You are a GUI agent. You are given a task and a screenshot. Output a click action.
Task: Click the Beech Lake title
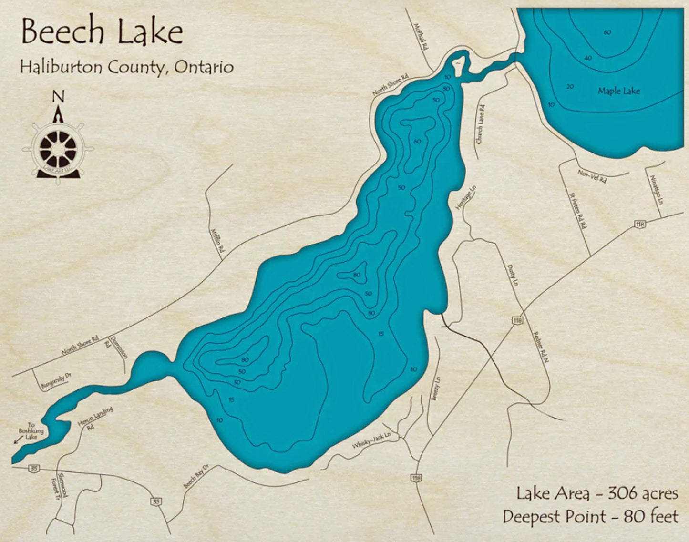[x=102, y=32]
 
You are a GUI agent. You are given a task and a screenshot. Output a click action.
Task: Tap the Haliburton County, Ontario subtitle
[x=126, y=67]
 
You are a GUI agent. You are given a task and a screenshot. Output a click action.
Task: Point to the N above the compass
[x=58, y=97]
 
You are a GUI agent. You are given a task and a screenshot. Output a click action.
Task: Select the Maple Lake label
[x=618, y=91]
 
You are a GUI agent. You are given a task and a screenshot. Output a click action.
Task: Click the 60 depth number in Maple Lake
[x=607, y=32]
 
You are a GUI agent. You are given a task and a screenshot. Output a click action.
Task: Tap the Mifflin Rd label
[x=216, y=240]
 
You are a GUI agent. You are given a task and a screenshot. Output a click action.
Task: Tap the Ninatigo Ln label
[x=656, y=190]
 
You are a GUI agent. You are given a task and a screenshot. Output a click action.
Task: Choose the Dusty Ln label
[x=513, y=276]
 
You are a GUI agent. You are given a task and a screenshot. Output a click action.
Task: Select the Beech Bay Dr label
[x=196, y=476]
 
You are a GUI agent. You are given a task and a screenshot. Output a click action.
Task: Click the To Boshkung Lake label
[x=31, y=430]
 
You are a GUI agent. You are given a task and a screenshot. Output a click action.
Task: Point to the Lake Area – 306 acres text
[x=596, y=493]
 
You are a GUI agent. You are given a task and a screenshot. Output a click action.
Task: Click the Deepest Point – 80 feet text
[x=590, y=516]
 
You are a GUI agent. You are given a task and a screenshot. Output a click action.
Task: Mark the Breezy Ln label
[x=436, y=389]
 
